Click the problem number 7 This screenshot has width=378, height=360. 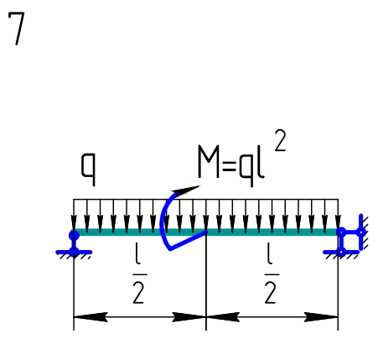[17, 29]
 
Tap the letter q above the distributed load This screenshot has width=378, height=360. [88, 170]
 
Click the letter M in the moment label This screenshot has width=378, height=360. [209, 161]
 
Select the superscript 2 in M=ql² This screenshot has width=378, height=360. [280, 141]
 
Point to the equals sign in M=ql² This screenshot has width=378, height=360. [229, 166]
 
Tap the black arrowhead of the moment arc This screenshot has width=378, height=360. [186, 190]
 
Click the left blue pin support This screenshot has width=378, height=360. [74, 243]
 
